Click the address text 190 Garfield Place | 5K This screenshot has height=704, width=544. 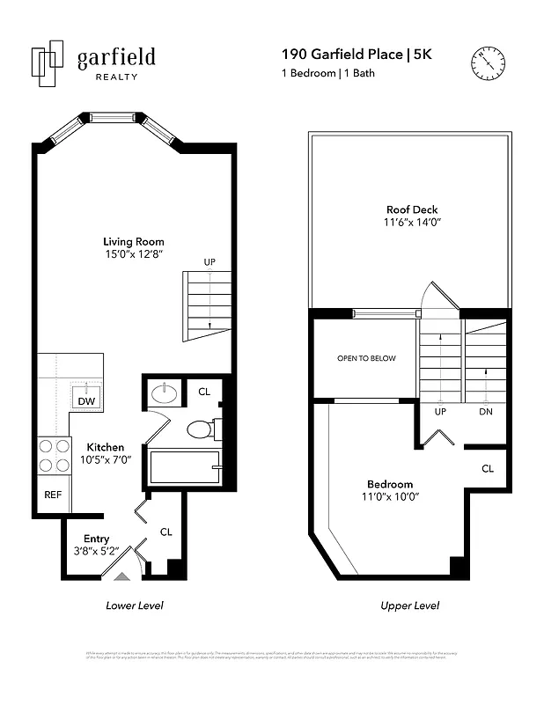point(357,55)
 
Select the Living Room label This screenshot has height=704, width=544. point(134,242)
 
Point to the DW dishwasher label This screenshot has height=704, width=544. point(86,400)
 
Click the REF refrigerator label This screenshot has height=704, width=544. point(53,495)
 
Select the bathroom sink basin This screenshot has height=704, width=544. point(165,392)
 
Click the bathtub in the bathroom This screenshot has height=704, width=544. point(184,466)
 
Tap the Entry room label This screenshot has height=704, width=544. point(97,539)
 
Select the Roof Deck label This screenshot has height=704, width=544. point(411,209)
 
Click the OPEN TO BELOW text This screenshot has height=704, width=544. point(366,358)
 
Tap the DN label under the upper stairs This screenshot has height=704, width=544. point(485,412)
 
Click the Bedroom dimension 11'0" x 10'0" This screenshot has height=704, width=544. point(389,497)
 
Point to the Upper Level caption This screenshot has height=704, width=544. point(409,605)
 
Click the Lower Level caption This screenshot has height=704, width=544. point(134,605)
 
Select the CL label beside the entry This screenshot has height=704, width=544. point(165,532)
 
